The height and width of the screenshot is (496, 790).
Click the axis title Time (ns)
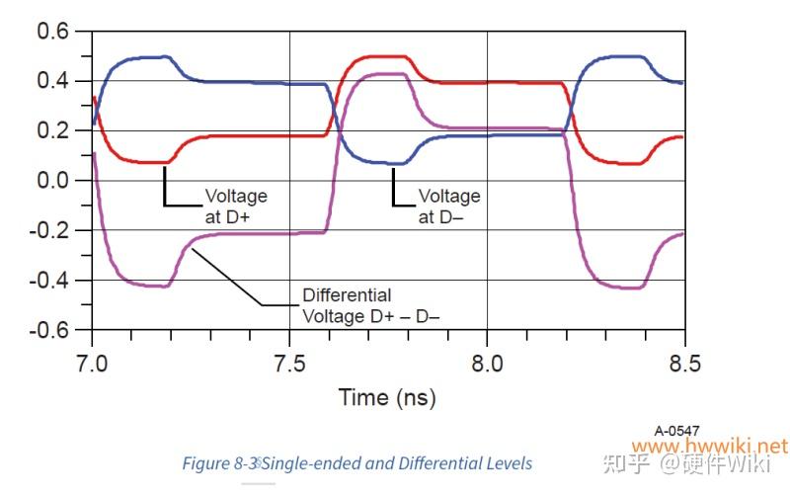click(387, 398)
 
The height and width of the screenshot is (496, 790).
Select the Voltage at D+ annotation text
click(235, 205)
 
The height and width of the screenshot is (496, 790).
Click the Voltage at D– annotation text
click(449, 205)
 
